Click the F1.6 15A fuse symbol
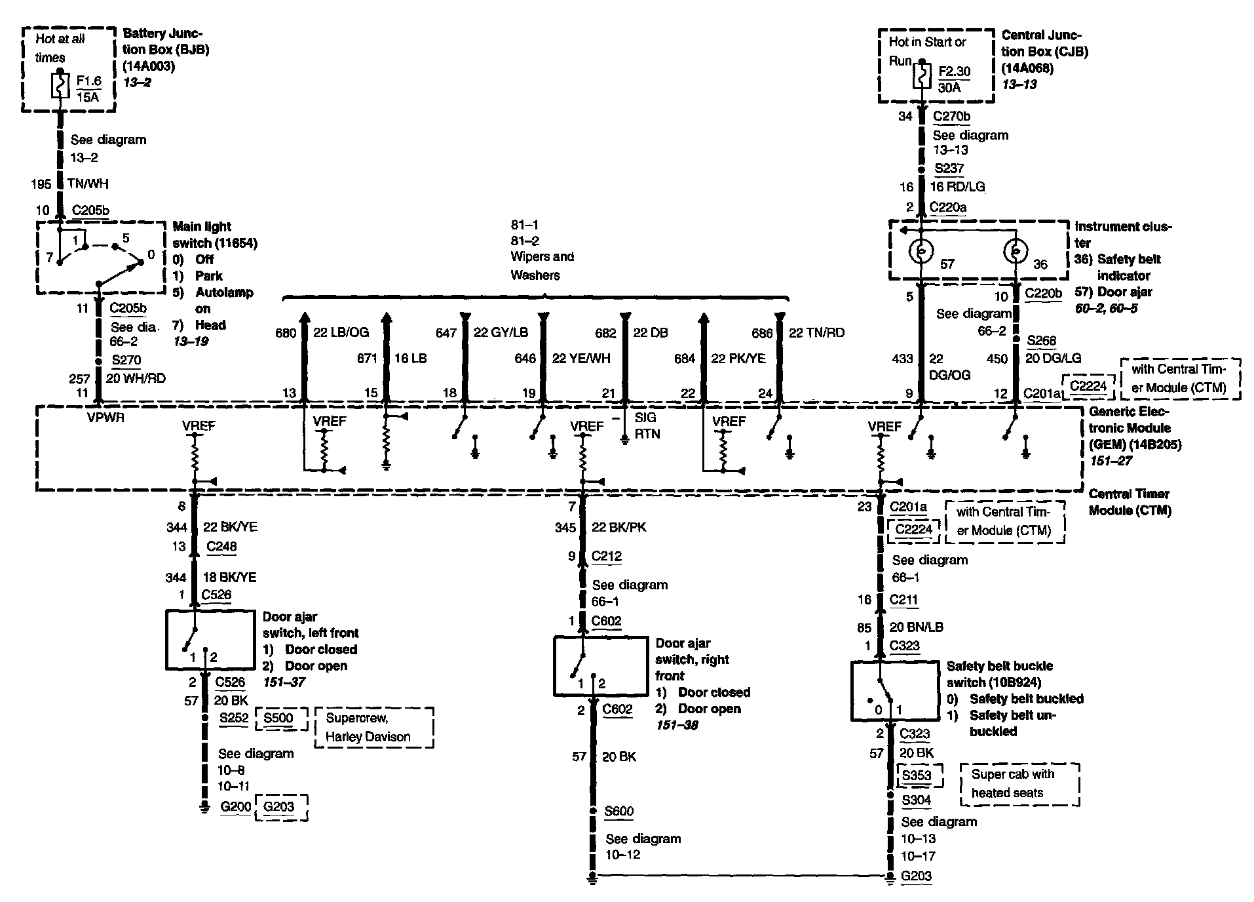pyautogui.click(x=60, y=86)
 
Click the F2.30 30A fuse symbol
pyautogui.click(x=922, y=75)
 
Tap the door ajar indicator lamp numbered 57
pyautogui.click(x=921, y=251)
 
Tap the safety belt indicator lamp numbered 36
pyautogui.click(x=1015, y=251)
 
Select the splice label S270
pyautogui.click(x=126, y=360)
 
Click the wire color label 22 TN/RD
pyautogui.click(x=816, y=333)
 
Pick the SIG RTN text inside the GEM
pyautogui.click(x=647, y=425)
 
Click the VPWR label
pyautogui.click(x=105, y=418)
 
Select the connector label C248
pyautogui.click(x=221, y=546)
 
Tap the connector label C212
pyautogui.click(x=606, y=557)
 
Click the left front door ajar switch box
pyautogui.click(x=210, y=640)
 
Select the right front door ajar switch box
pyautogui.click(x=601, y=665)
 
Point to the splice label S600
pyautogui.click(x=618, y=811)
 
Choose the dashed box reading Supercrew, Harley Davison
pyautogui.click(x=373, y=727)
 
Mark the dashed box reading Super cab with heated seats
pyautogui.click(x=1019, y=783)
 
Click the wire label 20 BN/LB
pyautogui.click(x=918, y=627)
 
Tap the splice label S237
pyautogui.click(x=949, y=168)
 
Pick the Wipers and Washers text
pyautogui.click(x=542, y=265)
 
